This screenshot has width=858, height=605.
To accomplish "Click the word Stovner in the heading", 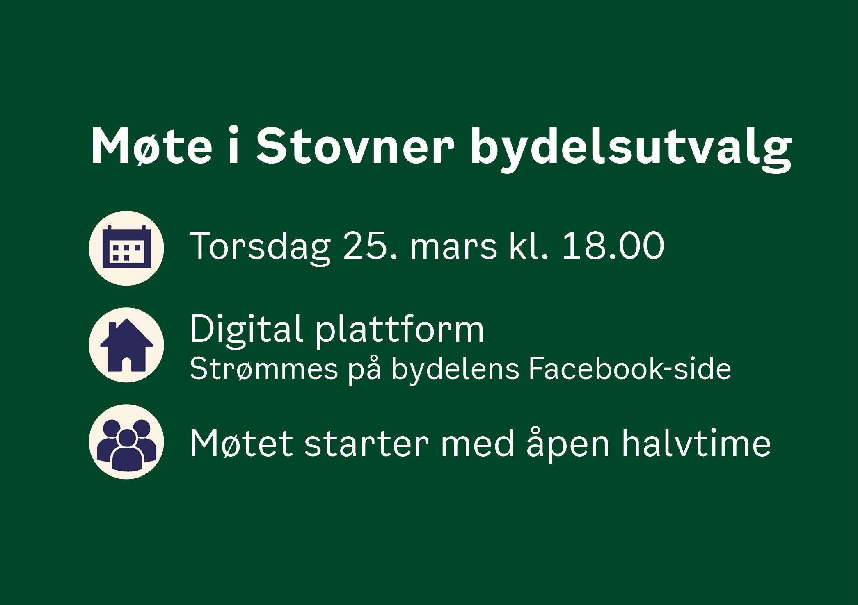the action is click(355, 146).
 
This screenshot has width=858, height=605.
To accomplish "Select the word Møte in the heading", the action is click(151, 146).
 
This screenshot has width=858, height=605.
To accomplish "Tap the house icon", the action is click(126, 345).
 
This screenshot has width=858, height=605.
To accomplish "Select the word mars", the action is click(453, 250).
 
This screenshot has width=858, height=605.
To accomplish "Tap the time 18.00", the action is click(613, 246).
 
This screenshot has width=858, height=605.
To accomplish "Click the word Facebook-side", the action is click(629, 369).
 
